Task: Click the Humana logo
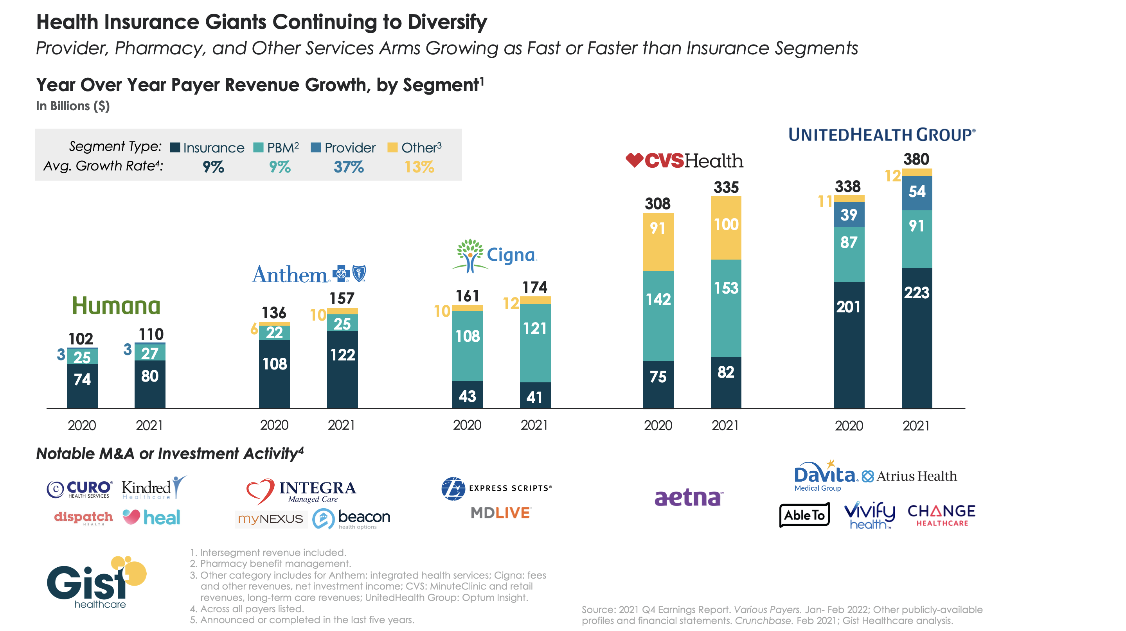[116, 306]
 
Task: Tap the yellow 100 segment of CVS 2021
[726, 228]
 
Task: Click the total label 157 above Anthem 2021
[342, 298]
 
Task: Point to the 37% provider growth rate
[348, 167]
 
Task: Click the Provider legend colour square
[316, 148]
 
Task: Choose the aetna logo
[689, 497]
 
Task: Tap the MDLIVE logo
[501, 513]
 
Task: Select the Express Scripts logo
[496, 488]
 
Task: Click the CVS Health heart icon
[634, 160]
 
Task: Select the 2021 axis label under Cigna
[534, 425]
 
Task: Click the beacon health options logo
[351, 519]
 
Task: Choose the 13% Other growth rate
[419, 167]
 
